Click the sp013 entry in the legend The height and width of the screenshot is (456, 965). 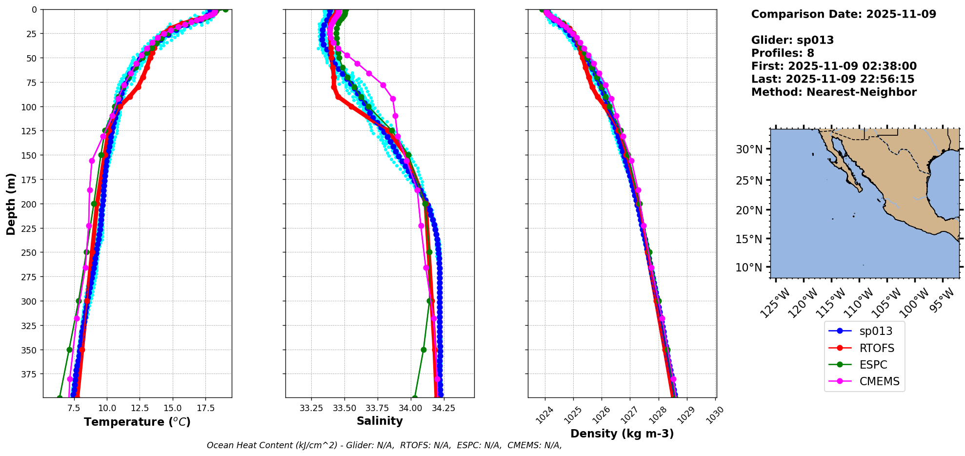pyautogui.click(x=875, y=331)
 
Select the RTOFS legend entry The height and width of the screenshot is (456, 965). pyautogui.click(x=877, y=348)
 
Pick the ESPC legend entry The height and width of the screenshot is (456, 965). pyautogui.click(x=873, y=365)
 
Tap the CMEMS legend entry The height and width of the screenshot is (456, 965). pyautogui.click(x=879, y=381)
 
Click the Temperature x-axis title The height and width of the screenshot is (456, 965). pyautogui.click(x=137, y=422)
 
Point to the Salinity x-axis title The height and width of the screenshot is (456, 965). pyautogui.click(x=380, y=421)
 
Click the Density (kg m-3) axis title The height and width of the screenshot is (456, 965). pyautogui.click(x=622, y=434)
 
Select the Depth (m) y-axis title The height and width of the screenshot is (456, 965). pyautogui.click(x=11, y=204)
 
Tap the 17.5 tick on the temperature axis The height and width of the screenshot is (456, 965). pyautogui.click(x=205, y=408)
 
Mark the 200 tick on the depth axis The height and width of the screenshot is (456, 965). pyautogui.click(x=30, y=204)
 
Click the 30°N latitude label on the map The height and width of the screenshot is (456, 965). pyautogui.click(x=749, y=149)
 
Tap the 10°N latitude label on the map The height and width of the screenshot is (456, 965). pyautogui.click(x=749, y=268)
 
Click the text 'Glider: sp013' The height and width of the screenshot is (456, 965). pyautogui.click(x=792, y=40)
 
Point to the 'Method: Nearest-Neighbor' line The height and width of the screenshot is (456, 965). pyautogui.click(x=834, y=92)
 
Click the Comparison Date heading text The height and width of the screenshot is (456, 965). pyautogui.click(x=844, y=14)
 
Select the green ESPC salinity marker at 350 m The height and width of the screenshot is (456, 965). pyautogui.click(x=423, y=350)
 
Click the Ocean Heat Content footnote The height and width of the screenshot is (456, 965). pyautogui.click(x=384, y=445)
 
